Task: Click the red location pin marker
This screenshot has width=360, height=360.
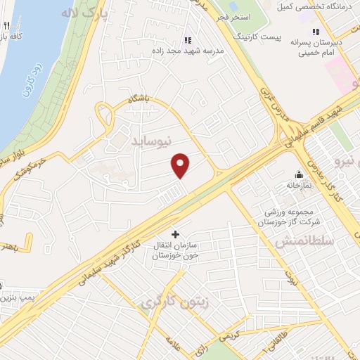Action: point(181,165)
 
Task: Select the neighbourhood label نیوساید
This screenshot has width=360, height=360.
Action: point(152,142)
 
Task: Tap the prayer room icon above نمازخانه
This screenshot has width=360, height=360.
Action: point(300,175)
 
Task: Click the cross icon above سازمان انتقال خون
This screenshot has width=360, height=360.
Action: point(175,233)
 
